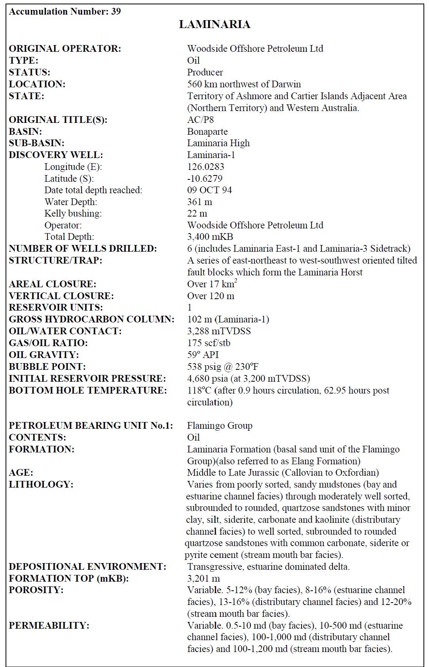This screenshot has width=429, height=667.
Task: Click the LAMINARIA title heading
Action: click(x=214, y=24)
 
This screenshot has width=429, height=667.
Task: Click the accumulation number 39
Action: click(x=116, y=11)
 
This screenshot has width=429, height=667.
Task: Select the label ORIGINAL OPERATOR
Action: click(x=65, y=49)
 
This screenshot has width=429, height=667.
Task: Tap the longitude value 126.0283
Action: click(x=205, y=166)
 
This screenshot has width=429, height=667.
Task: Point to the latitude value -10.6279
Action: click(x=205, y=178)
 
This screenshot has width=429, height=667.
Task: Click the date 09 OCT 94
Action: click(x=209, y=190)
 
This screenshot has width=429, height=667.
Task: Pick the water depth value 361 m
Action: click(x=199, y=202)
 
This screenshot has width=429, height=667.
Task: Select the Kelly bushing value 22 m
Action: click(x=197, y=213)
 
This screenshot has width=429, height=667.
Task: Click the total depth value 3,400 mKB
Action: click(x=210, y=237)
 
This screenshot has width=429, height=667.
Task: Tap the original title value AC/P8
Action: click(x=200, y=120)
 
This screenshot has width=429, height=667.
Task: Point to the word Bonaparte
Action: click(x=207, y=132)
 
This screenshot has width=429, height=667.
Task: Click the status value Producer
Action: click(x=205, y=72)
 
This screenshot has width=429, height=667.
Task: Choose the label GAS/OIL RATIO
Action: click(x=48, y=343)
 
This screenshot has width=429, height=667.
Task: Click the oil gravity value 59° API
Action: click(x=203, y=355)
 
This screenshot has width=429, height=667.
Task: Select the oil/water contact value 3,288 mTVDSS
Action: click(x=219, y=331)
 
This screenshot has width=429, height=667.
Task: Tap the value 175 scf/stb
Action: click(x=209, y=343)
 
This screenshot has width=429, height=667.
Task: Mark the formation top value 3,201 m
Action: click(x=203, y=578)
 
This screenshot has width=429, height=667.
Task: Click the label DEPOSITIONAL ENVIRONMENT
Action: click(x=87, y=567)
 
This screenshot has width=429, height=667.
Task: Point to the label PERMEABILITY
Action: click(x=49, y=626)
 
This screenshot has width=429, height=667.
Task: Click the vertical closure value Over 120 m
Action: click(x=211, y=296)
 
